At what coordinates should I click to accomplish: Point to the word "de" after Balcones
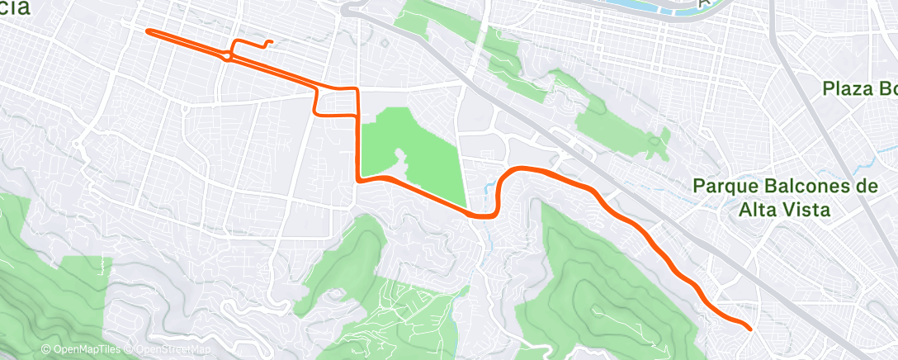point(866,187)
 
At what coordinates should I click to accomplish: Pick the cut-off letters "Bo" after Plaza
point(887,88)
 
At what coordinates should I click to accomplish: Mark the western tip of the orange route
point(148,31)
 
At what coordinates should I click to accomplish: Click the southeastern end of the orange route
point(749,329)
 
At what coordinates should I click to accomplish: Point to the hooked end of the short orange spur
point(270,42)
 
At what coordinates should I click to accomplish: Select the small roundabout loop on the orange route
point(228,55)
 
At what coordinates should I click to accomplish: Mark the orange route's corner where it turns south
point(357,89)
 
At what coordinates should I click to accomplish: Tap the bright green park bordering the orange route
point(413,157)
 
